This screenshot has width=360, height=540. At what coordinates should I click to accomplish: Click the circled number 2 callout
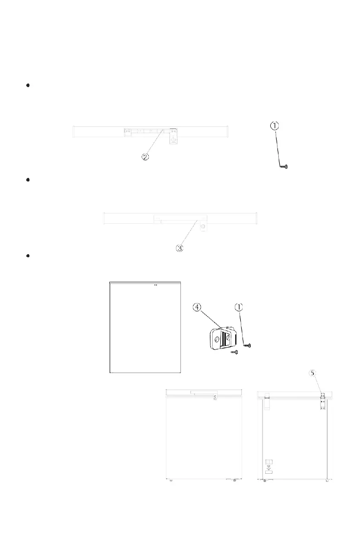(x=145, y=157)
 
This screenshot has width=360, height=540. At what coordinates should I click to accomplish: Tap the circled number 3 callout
(x=180, y=248)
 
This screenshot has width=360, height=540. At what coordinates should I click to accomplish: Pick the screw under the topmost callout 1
(x=285, y=167)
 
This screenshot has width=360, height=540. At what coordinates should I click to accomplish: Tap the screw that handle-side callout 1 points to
(x=248, y=345)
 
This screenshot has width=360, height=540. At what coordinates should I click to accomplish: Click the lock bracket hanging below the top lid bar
(x=173, y=137)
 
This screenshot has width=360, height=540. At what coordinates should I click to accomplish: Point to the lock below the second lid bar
(x=203, y=226)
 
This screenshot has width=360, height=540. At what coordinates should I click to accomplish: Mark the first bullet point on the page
(x=28, y=85)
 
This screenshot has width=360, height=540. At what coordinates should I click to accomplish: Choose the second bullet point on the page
(x=28, y=180)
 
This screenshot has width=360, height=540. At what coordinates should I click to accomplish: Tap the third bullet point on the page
(x=28, y=256)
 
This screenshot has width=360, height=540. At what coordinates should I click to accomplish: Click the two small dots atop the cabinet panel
(x=156, y=285)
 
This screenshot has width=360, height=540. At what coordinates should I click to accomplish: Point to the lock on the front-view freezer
(x=215, y=398)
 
